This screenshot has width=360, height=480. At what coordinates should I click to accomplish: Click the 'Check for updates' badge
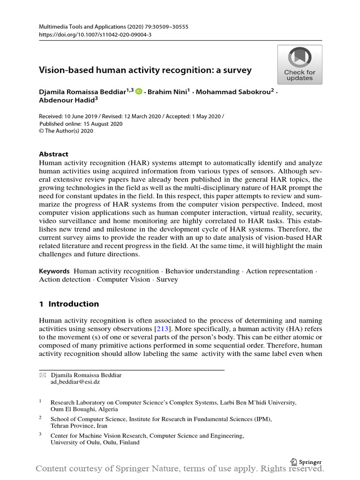coord(300,65)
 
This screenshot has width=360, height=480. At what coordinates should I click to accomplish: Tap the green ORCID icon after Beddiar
coord(138,92)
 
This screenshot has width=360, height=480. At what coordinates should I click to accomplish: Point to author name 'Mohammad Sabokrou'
coord(233,92)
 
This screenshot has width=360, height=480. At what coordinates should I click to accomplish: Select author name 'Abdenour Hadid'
coord(66,100)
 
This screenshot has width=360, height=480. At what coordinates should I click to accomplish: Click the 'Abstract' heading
coord(53,154)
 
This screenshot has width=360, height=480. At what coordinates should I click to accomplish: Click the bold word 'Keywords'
coord(54,271)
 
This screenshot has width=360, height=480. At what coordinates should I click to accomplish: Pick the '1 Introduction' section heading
coord(69,304)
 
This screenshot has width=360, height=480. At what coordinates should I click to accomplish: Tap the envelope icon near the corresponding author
coord(43,375)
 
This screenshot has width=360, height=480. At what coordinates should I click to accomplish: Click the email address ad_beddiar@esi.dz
coord(75,382)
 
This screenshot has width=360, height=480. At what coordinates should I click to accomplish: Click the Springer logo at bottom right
coord(306,461)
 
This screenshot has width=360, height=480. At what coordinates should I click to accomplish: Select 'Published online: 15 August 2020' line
coord(81,124)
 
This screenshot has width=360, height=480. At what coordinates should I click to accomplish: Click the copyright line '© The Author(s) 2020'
coord(66,131)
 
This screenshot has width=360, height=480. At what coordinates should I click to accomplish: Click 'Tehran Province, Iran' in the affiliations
coord(79,426)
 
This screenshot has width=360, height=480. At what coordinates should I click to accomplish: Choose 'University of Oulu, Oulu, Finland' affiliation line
coord(95,442)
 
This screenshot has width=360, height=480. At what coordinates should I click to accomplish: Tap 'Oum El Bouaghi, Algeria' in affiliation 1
coord(84,409)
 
